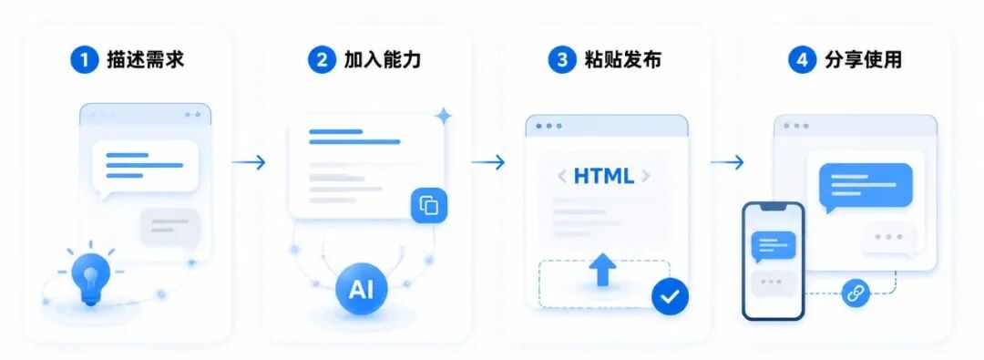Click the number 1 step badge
click(84, 59)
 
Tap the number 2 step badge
click(322, 59)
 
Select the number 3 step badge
click(561, 59)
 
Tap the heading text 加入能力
click(382, 59)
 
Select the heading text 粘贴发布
click(622, 59)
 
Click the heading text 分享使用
click(862, 59)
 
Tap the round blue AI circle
click(361, 288)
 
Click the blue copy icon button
click(429, 205)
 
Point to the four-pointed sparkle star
click(444, 116)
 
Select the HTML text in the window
click(604, 176)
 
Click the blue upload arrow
click(602, 269)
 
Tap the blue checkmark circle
click(670, 295)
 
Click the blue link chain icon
click(855, 293)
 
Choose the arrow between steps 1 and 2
click(249, 163)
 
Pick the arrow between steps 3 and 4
click(727, 163)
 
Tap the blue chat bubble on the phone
click(774, 246)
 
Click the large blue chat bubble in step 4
click(866, 187)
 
